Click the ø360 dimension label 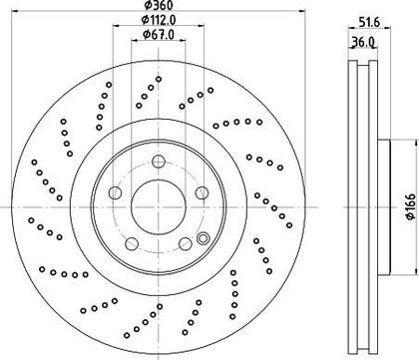pos(159,5)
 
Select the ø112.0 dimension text pos(159,20)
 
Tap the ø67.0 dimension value pos(159,35)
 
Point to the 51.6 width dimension pos(369,22)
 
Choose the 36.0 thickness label pos(363,43)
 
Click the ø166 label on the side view pos(411,206)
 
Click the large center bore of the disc pos(159,207)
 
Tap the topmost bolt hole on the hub pos(159,162)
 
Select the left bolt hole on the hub pos(115,192)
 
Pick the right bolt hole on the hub pos(202,192)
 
